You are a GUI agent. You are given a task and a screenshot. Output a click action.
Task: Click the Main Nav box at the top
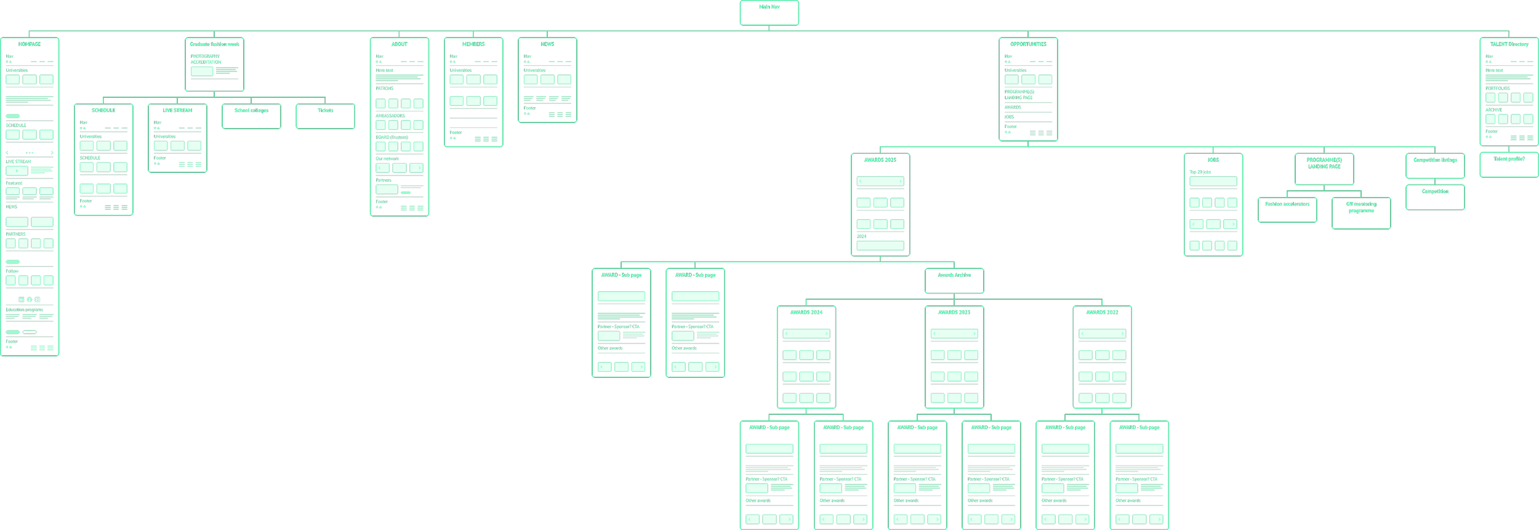(x=769, y=12)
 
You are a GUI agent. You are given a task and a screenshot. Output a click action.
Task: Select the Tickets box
(x=325, y=116)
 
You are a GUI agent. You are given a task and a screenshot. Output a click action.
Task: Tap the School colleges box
(x=251, y=116)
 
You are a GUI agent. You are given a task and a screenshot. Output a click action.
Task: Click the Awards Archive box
(x=954, y=280)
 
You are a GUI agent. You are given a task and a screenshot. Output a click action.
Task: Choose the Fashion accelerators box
(x=1287, y=209)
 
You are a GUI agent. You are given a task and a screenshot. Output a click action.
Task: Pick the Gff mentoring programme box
(x=1361, y=212)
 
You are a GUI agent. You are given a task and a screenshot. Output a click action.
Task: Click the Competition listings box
(x=1435, y=165)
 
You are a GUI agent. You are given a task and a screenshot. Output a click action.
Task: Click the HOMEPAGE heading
(x=30, y=44)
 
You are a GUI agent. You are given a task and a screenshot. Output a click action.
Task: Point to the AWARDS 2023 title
(x=954, y=313)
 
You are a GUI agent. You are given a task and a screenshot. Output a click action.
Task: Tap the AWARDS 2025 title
(x=880, y=160)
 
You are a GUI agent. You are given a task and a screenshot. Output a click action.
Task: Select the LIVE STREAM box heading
(x=177, y=111)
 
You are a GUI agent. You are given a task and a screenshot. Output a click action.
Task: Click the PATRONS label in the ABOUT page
(x=385, y=89)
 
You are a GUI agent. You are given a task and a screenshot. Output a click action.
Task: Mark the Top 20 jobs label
(x=1200, y=172)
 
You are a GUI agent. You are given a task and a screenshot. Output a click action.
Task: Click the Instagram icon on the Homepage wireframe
(x=38, y=300)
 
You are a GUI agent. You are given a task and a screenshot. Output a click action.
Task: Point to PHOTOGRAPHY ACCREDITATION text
(x=206, y=59)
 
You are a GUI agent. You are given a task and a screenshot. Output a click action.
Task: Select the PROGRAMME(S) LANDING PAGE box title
(x=1324, y=163)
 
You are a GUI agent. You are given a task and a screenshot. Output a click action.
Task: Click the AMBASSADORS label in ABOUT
(x=390, y=116)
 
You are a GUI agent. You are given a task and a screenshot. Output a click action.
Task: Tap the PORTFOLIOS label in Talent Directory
(x=1498, y=89)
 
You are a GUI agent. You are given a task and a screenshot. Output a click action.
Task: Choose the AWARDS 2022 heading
(x=1102, y=313)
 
